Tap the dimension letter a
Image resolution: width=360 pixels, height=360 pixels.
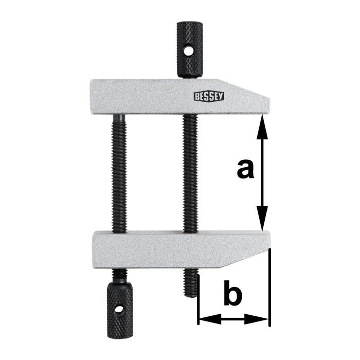(x=245, y=169)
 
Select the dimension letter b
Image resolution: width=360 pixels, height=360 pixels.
(x=232, y=294)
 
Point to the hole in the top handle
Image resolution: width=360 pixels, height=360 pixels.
(x=189, y=51)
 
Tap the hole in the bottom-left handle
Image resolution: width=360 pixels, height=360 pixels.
(x=119, y=311)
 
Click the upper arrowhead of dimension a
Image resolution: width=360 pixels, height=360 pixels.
(x=262, y=123)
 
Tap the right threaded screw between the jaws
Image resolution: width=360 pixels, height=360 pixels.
(x=190, y=173)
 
